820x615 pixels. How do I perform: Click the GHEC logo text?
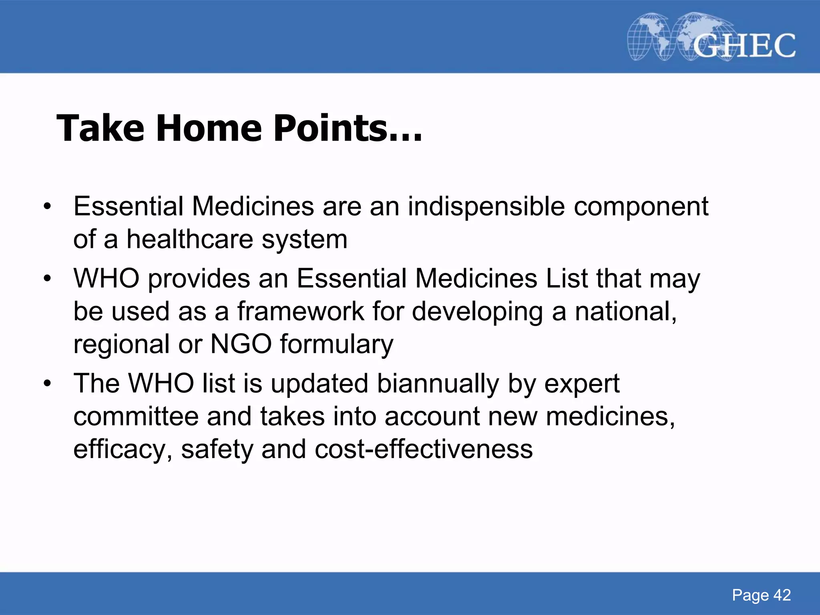[744, 45]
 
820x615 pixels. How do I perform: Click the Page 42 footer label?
[761, 595]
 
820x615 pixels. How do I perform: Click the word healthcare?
[190, 239]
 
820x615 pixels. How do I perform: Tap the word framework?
[300, 312]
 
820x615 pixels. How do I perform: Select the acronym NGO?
[241, 344]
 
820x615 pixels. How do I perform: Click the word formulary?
[336, 345]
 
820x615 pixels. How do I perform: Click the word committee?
[136, 416]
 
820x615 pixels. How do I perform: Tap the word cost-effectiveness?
[424, 449]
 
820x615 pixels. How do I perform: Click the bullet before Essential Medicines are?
[48, 207]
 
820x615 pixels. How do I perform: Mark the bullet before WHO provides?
[48, 279]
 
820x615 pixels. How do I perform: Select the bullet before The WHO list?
[48, 384]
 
